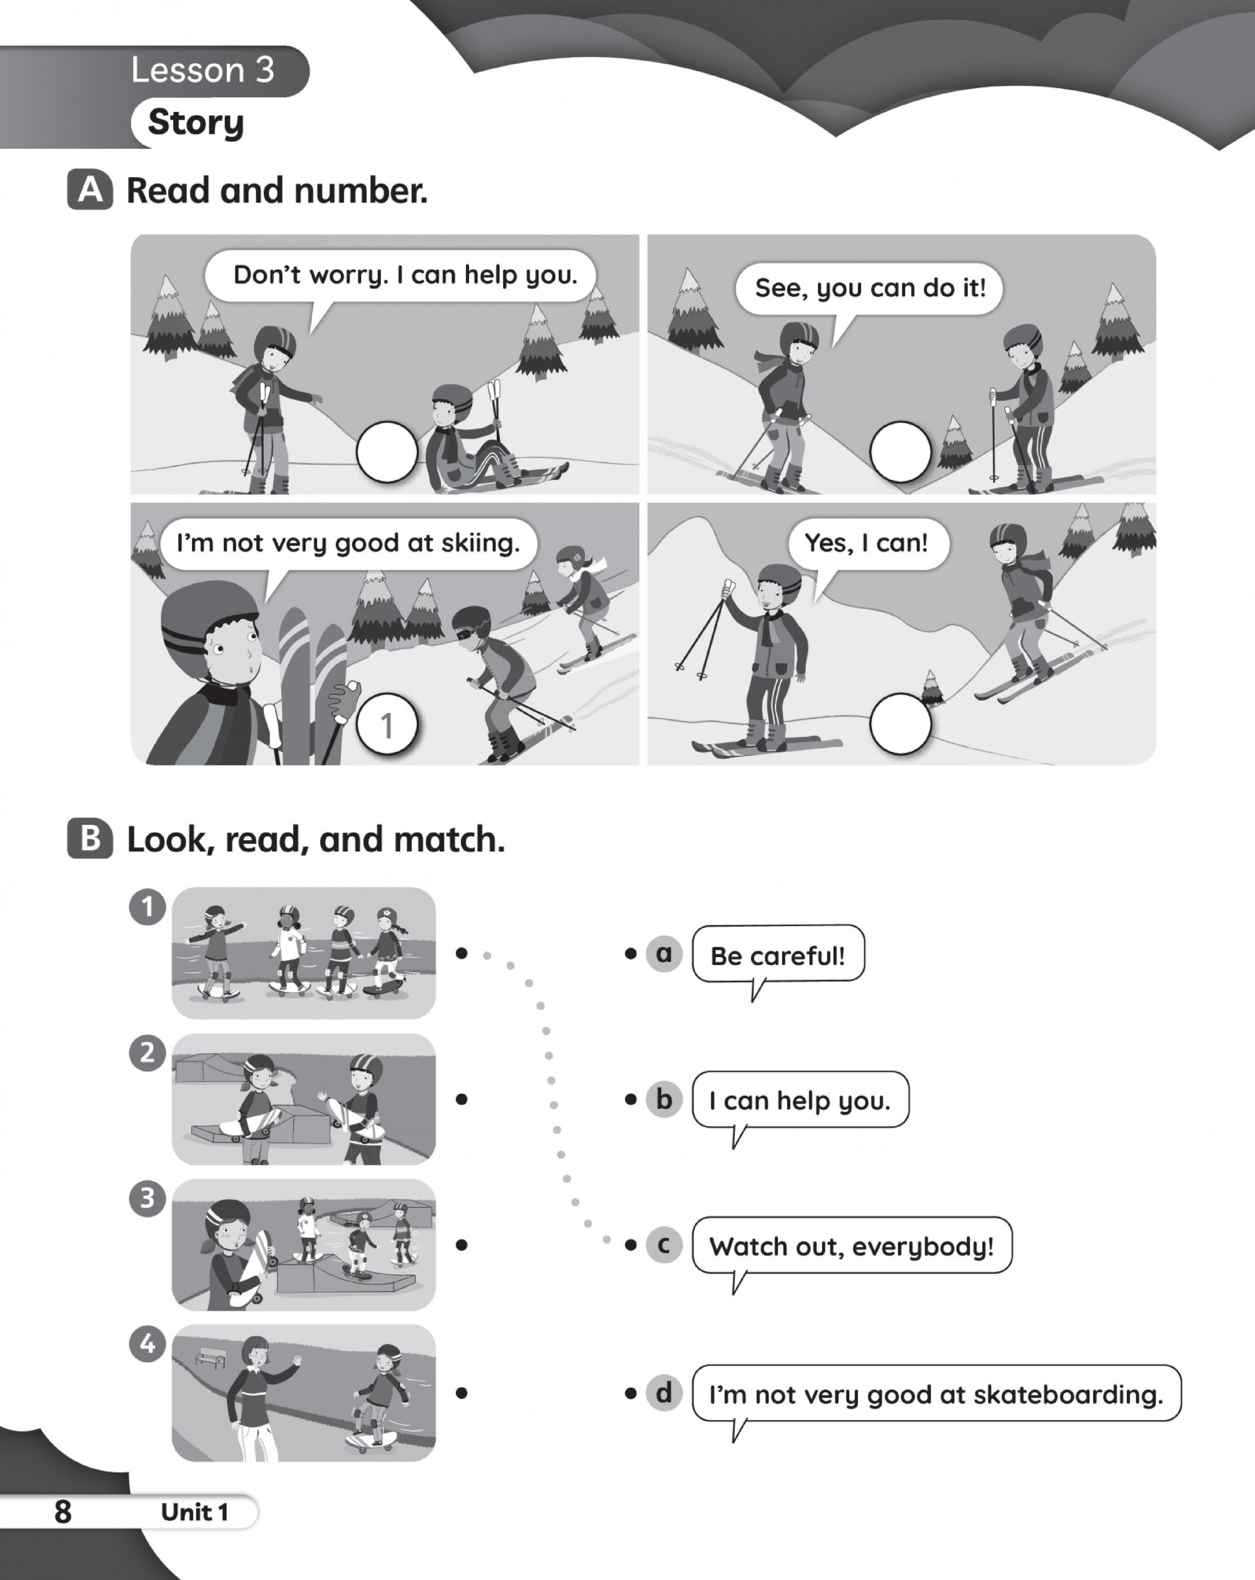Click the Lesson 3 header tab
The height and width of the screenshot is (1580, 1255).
click(x=154, y=71)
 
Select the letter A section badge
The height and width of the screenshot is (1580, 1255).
click(x=90, y=190)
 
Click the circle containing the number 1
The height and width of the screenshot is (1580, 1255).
click(x=387, y=724)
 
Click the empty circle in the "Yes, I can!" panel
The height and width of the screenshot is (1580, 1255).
click(x=900, y=724)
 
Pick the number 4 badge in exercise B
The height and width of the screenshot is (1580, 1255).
click(x=147, y=1344)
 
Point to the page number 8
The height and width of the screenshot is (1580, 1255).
click(x=63, y=1512)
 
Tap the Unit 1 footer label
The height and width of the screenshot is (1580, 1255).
click(x=195, y=1512)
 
